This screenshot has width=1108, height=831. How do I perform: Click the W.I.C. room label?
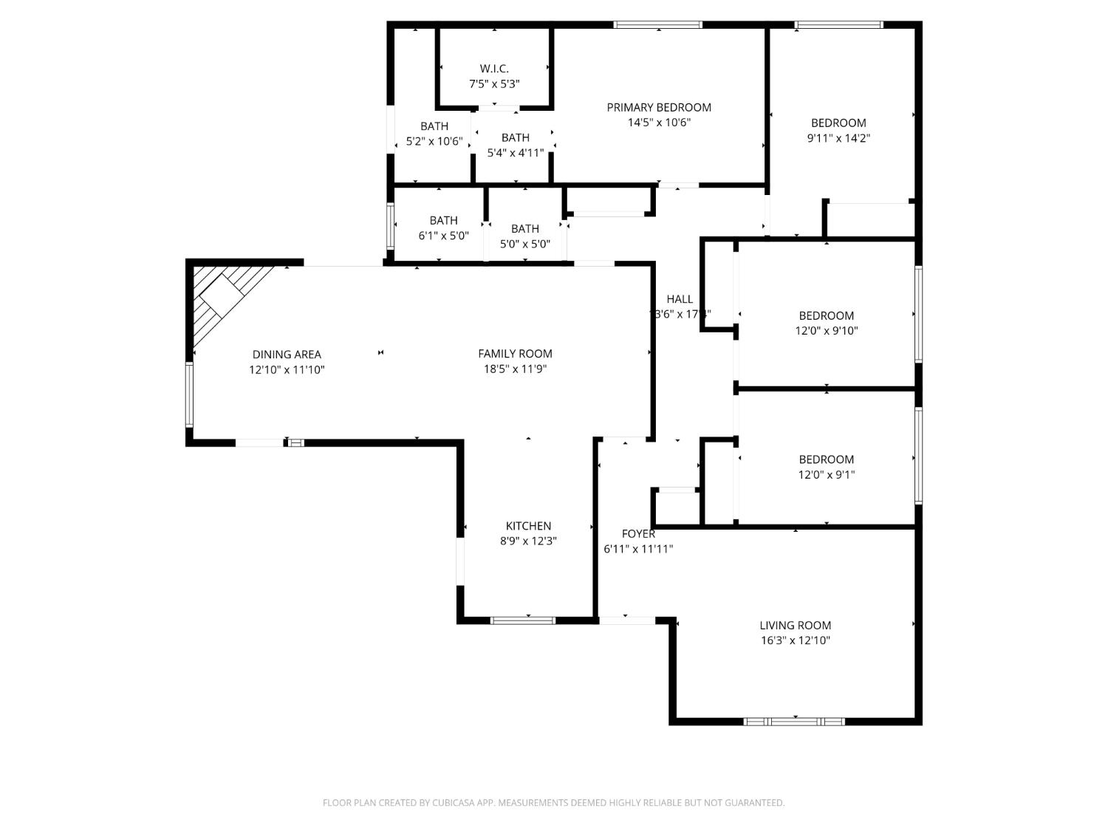[x=494, y=69]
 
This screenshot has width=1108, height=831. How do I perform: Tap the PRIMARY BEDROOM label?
[x=659, y=107]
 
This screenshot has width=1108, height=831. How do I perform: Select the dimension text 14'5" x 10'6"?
[x=659, y=123]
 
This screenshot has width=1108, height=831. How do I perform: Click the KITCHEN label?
[x=528, y=526]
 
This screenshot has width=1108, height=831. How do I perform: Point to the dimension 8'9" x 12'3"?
[x=528, y=541]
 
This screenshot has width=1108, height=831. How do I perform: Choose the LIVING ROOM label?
[x=796, y=625]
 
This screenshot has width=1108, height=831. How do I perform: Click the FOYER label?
[x=638, y=533]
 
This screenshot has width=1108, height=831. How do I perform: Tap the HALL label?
[x=680, y=299]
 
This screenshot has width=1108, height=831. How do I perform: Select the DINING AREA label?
[x=287, y=355]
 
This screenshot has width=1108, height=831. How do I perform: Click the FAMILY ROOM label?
[x=515, y=354]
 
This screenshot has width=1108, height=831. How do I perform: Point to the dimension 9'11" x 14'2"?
[x=838, y=138]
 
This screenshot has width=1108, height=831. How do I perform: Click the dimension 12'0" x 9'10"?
[x=827, y=331]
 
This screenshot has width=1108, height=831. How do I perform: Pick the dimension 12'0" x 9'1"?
[x=827, y=475]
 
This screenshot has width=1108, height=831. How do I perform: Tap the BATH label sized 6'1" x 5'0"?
[x=443, y=220]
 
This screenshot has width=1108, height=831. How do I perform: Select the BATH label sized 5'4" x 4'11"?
[x=515, y=137]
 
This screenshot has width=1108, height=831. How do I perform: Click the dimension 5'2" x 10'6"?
[x=434, y=141]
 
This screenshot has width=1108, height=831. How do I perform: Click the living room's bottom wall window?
[x=794, y=721]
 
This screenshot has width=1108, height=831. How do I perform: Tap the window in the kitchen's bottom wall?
[x=523, y=620]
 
